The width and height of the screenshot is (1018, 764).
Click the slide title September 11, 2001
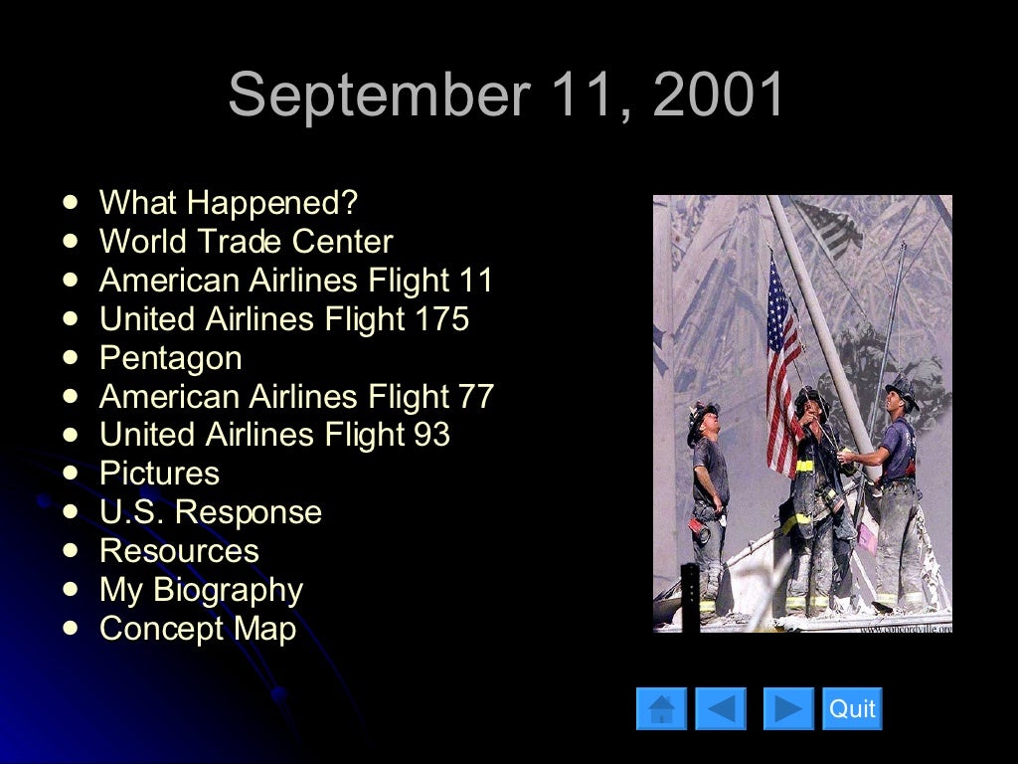click(507, 95)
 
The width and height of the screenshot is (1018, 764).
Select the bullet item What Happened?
click(228, 203)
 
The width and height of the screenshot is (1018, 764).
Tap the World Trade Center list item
click(246, 242)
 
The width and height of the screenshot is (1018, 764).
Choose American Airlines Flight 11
click(296, 281)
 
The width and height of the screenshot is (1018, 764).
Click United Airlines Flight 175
click(284, 319)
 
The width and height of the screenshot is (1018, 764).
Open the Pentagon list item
click(170, 358)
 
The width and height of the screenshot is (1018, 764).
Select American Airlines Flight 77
click(296, 397)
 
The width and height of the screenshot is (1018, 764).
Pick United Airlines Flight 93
click(274, 435)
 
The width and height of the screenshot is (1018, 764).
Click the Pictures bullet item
click(159, 474)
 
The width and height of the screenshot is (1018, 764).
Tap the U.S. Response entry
click(210, 512)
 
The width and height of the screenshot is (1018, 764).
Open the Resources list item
click(179, 551)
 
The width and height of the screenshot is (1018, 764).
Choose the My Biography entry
click(201, 590)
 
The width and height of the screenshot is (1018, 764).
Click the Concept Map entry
click(198, 629)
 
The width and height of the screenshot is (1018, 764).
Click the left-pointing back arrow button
click(720, 708)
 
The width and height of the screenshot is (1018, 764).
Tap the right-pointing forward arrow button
click(788, 708)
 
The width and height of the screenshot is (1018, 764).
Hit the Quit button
click(852, 708)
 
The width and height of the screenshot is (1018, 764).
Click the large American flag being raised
click(783, 363)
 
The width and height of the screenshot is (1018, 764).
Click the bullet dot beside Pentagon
click(70, 356)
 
